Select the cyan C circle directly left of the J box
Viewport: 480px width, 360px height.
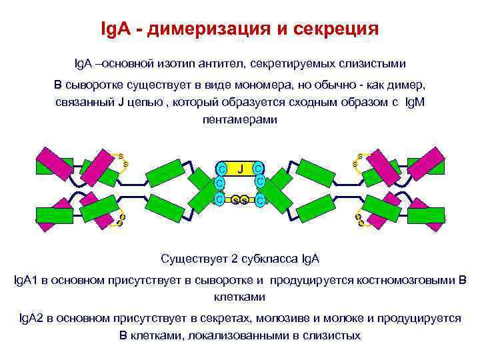pyautogui.click(x=221, y=169)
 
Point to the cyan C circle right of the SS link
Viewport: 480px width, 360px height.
pyautogui.click(x=260, y=199)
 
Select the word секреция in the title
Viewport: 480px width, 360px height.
pyautogui.click(x=336, y=30)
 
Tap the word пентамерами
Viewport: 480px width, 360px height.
pyautogui.click(x=239, y=119)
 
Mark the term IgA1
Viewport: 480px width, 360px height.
pyautogui.click(x=26, y=280)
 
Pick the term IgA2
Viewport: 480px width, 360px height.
pyautogui.click(x=31, y=318)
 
